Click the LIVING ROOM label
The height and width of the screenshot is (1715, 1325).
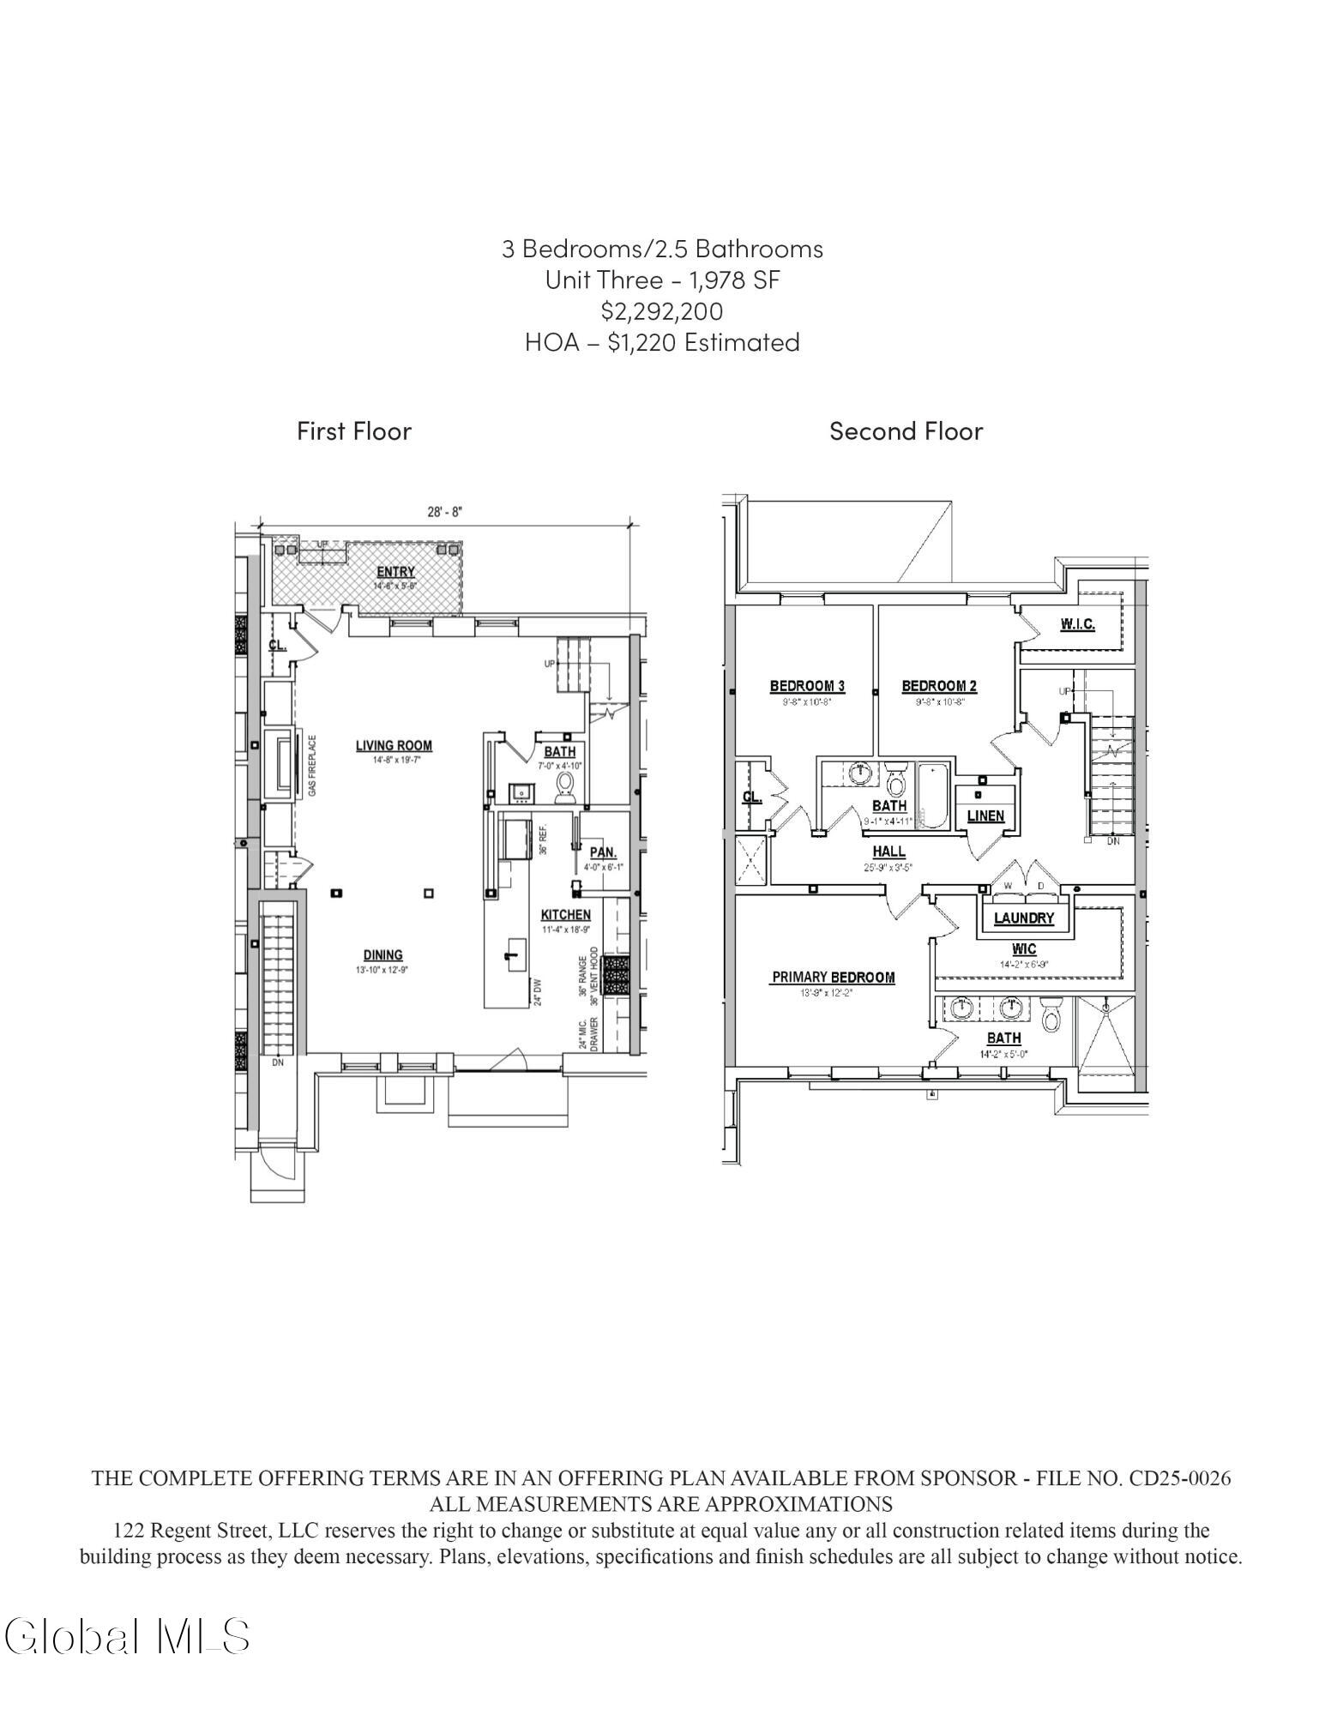394,745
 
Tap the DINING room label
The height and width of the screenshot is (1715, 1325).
382,954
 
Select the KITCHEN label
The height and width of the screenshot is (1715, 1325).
565,914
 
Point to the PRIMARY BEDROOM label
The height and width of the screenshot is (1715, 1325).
833,977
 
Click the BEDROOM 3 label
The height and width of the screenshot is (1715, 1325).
807,685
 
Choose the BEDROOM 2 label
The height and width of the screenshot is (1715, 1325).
939,685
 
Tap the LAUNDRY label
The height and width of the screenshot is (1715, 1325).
1023,918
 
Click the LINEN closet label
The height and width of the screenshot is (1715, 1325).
985,815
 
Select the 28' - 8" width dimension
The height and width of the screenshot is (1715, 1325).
445,512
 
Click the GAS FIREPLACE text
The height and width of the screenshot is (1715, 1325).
313,765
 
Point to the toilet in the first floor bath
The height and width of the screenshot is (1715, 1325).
564,786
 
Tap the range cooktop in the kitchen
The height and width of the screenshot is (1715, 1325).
616,975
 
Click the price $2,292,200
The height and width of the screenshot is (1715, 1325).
661,310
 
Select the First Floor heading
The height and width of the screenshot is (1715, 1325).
354,430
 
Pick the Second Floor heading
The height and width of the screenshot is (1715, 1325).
906,430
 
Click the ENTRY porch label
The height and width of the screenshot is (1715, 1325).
395,572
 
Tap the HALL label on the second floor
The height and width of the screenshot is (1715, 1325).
888,851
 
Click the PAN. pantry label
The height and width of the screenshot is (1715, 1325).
603,852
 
